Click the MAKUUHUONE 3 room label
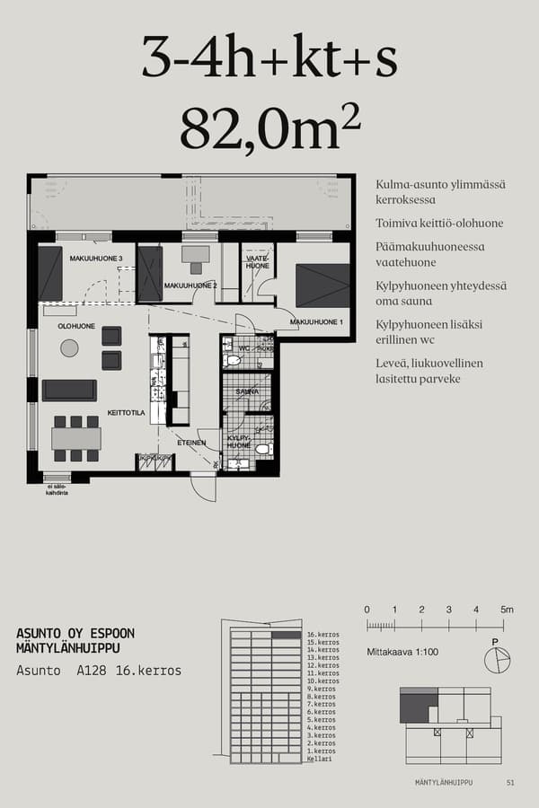tap(96, 259)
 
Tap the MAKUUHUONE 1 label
tap(316, 321)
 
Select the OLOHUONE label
tap(77, 326)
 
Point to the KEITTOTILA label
tap(128, 413)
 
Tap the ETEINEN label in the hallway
tap(191, 443)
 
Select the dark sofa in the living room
tap(69, 390)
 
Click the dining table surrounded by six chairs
tap(76, 438)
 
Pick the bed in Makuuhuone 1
tap(323, 285)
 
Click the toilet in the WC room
tap(232, 360)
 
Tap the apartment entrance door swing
tap(204, 487)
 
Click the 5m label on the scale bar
tap(507, 610)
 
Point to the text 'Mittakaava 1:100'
tap(402, 652)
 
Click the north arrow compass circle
tap(496, 661)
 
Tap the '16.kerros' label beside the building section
tap(323, 635)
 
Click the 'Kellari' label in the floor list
tap(319, 760)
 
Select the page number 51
tap(510, 783)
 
